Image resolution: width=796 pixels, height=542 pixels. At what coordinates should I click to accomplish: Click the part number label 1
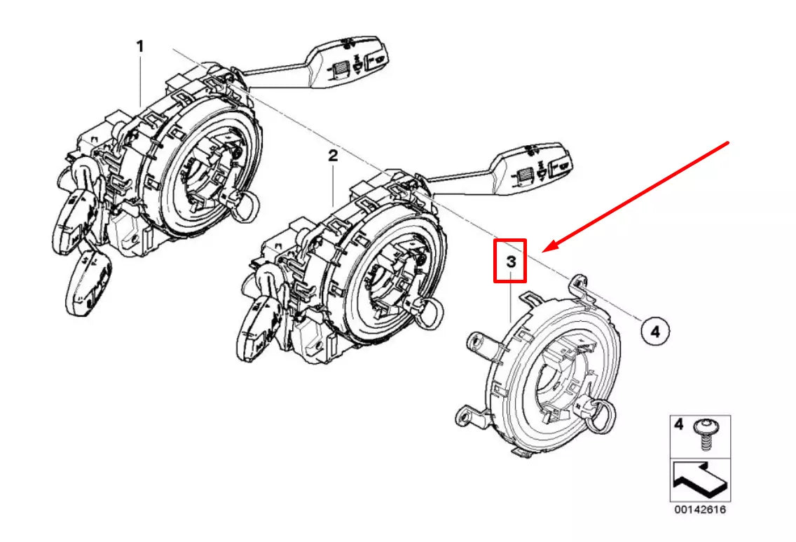(x=140, y=47)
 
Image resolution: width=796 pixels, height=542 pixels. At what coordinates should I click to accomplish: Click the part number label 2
(x=333, y=156)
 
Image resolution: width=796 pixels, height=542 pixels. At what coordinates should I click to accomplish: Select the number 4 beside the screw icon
(x=678, y=424)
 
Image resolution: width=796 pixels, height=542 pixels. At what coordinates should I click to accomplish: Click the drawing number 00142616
(x=699, y=510)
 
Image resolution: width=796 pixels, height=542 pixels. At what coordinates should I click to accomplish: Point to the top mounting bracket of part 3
(x=578, y=285)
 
